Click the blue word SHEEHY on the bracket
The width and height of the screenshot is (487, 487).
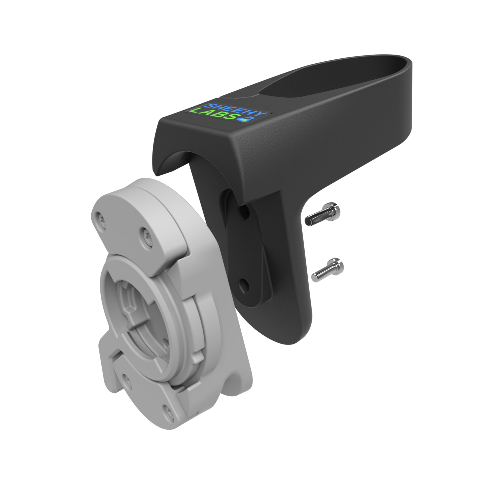pos(237,110)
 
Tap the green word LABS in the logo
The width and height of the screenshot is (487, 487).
pos(214,114)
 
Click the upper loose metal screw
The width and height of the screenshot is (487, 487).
pos(323,214)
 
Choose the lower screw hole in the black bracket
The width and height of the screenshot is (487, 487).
pos(244,285)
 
